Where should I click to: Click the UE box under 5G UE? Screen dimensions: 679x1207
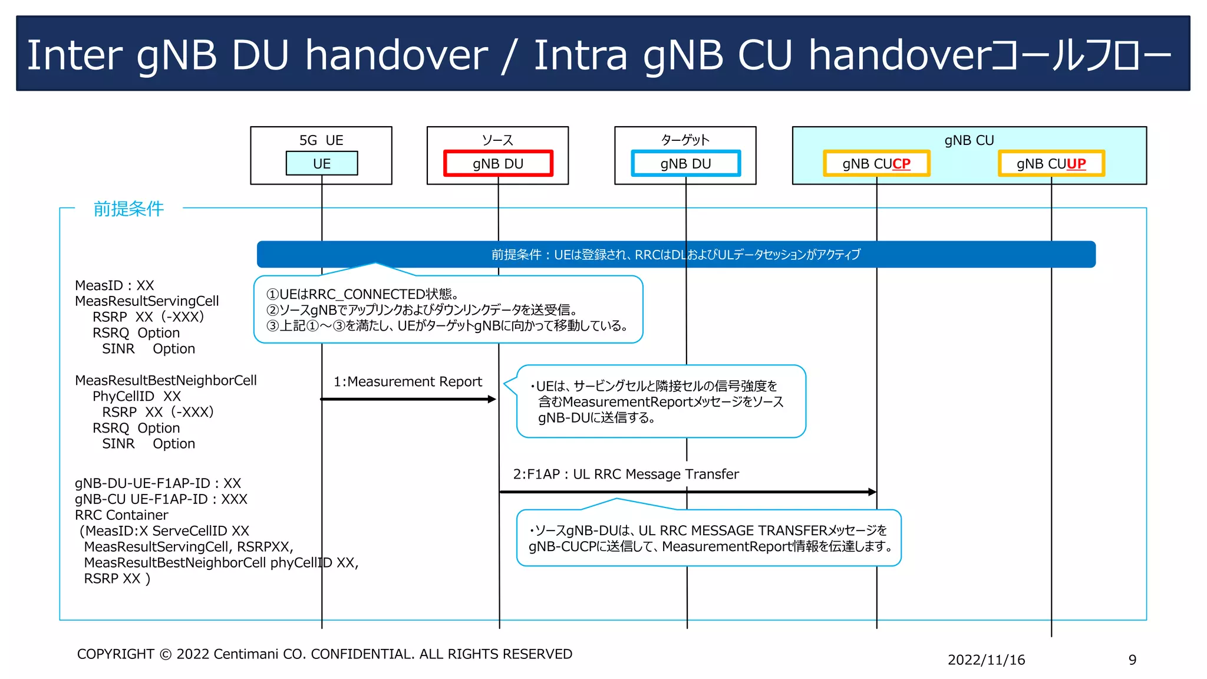click(321, 163)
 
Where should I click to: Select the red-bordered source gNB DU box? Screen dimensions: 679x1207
click(498, 163)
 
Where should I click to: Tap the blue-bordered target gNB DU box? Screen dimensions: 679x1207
click(685, 163)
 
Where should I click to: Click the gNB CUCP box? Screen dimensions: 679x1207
click(876, 163)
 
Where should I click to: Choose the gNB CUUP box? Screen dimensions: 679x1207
click(1051, 163)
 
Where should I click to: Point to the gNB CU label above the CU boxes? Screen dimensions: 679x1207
click(969, 140)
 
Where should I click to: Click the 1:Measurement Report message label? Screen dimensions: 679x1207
click(408, 382)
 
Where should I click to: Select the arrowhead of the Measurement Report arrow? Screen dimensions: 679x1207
click(492, 399)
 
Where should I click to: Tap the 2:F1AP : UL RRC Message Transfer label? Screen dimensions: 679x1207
click(625, 474)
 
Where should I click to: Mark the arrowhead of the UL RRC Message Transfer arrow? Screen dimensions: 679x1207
click(872, 492)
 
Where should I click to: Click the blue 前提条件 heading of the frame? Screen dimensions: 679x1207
click(128, 209)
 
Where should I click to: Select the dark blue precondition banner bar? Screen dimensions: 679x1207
click(675, 254)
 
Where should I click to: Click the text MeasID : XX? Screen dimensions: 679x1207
click(114, 285)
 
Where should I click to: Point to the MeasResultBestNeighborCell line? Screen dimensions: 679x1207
click(166, 380)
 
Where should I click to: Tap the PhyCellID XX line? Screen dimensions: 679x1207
click(136, 396)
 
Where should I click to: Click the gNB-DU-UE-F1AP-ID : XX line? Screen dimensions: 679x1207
click(157, 483)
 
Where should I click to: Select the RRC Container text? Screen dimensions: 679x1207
click(121, 515)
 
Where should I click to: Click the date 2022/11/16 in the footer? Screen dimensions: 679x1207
click(986, 660)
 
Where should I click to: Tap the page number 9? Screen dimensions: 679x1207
click(1132, 660)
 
